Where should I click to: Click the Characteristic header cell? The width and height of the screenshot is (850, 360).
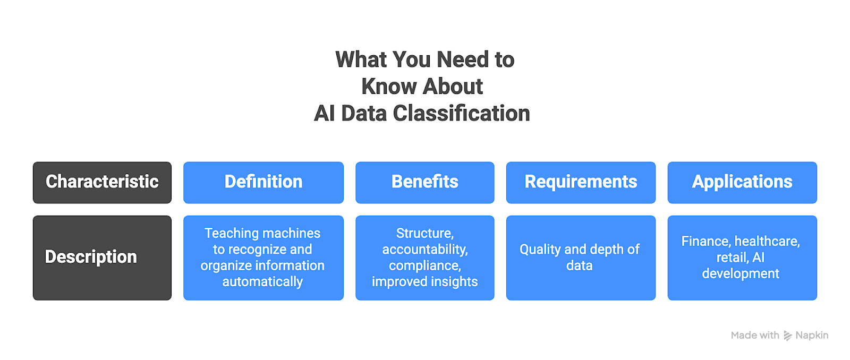[x=102, y=182]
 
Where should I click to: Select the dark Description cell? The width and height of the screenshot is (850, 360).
[x=102, y=258]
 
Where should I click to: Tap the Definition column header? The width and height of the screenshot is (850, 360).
[x=263, y=182]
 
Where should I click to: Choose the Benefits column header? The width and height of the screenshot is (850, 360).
[x=424, y=182]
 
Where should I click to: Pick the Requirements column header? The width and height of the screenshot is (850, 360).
[x=581, y=182]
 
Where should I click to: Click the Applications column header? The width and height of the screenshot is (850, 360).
[x=742, y=182]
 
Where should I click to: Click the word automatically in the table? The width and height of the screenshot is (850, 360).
[x=262, y=281]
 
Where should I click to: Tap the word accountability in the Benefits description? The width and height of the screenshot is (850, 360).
[x=424, y=250]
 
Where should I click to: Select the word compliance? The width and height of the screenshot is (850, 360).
[x=424, y=265]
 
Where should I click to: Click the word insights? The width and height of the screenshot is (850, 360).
[x=456, y=281]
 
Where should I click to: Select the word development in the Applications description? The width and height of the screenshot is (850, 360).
[x=741, y=273]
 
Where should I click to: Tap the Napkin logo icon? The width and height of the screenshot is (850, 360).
[x=788, y=336]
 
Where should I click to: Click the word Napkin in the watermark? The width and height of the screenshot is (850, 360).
[x=812, y=336]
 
